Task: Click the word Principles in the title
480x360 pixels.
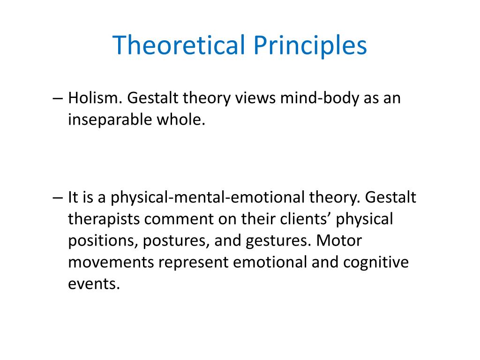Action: (308, 46)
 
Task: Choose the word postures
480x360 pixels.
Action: (175, 240)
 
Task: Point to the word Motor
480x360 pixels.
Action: (339, 240)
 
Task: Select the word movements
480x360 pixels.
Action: (111, 262)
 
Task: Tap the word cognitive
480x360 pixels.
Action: (375, 262)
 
